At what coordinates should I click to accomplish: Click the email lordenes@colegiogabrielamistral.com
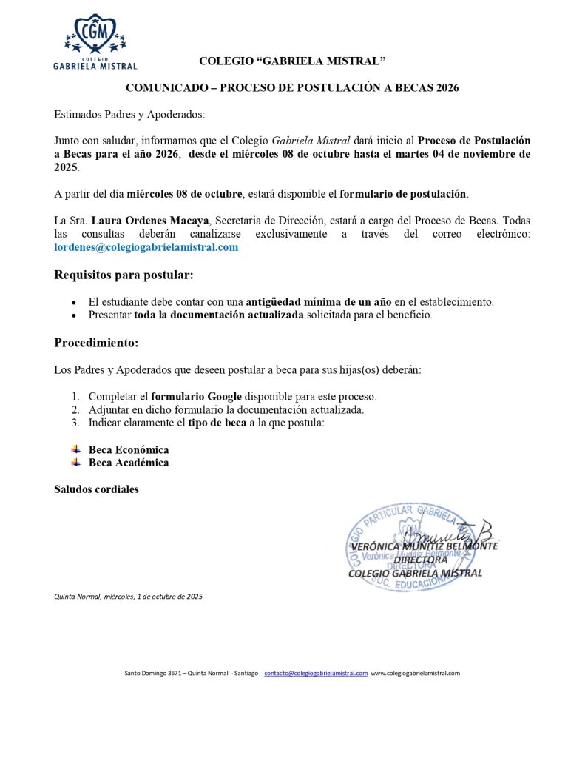[x=146, y=247]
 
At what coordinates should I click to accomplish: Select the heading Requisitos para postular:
[x=124, y=275]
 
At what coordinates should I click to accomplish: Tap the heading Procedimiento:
[x=96, y=343]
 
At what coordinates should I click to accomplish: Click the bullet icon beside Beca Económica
[x=75, y=449]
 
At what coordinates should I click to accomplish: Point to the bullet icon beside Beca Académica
[x=75, y=463]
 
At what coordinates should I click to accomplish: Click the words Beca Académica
[x=129, y=463]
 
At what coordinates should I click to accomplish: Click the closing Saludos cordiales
[x=96, y=489]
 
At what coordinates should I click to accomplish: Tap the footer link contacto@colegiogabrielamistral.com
[x=316, y=673]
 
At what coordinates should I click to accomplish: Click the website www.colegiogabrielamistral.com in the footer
[x=415, y=673]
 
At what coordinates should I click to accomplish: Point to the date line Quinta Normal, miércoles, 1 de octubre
[x=128, y=596]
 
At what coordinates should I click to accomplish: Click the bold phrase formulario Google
[x=196, y=396]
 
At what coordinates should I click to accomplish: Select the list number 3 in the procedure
[x=75, y=423]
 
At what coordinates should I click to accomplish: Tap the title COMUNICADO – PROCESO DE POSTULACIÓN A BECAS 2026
[x=292, y=87]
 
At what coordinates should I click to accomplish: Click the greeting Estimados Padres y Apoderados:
[x=129, y=114]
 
